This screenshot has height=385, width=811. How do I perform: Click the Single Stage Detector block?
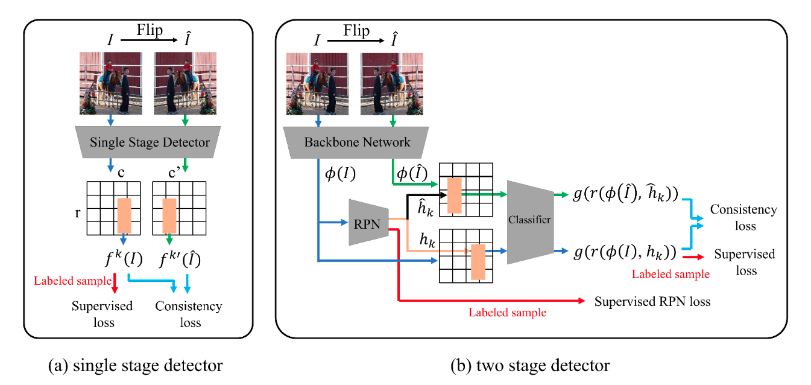point(150,142)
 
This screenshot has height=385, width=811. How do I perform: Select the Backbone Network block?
point(357,142)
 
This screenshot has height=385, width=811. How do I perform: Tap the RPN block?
point(368,223)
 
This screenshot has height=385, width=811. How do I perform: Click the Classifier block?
point(529,221)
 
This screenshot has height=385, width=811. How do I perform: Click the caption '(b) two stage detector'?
point(531,365)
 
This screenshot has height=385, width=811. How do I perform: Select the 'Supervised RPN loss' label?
point(652,301)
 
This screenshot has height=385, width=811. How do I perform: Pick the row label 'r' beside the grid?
point(78,212)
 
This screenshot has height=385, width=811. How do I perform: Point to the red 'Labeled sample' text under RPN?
point(508,313)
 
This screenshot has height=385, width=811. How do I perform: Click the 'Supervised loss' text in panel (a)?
point(102,314)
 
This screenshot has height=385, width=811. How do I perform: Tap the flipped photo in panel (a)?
point(185,83)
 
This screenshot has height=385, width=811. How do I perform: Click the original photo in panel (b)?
point(317,83)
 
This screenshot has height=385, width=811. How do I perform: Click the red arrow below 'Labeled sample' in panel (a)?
point(114,284)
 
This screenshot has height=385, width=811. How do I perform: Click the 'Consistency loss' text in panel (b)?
point(743,217)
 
